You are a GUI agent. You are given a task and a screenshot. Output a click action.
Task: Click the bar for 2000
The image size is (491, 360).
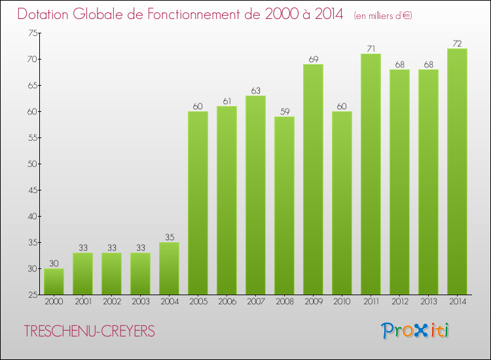[x=54, y=281]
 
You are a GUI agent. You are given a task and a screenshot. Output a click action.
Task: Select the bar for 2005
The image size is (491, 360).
[x=198, y=203]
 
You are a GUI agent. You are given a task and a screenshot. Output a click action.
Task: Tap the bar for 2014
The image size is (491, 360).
[x=457, y=171]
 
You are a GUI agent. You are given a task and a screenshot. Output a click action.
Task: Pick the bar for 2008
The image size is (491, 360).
[x=284, y=206]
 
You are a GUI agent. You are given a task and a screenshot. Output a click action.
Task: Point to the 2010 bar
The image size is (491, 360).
[x=342, y=203]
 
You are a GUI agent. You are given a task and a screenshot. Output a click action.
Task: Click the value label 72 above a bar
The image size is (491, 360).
[x=457, y=44]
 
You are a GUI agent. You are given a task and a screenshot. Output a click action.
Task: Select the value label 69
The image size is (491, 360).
[x=313, y=60]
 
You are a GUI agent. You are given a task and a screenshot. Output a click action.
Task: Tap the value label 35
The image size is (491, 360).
[x=169, y=238]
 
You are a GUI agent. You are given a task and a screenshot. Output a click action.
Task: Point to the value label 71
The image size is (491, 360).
[x=371, y=49]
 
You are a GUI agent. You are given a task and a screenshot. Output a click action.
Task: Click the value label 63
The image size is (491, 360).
[x=255, y=91]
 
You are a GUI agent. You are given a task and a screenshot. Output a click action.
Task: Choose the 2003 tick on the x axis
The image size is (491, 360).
[x=140, y=302]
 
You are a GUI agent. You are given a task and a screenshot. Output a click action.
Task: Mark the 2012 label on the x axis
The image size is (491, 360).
[x=399, y=302]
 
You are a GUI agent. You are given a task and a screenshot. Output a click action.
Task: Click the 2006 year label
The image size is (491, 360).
[x=227, y=302]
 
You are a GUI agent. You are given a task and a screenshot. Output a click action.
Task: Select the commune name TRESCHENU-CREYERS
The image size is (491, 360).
[x=89, y=332]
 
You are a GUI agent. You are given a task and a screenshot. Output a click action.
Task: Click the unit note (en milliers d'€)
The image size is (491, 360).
[x=384, y=16]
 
